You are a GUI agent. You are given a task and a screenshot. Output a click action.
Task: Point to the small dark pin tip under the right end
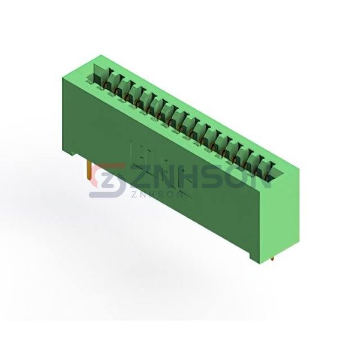(272, 259)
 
